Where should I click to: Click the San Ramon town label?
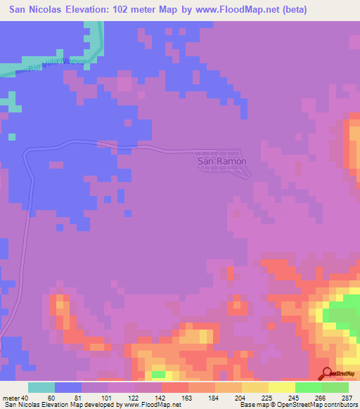[x=221, y=161]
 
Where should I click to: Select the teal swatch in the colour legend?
[x=41, y=387]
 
